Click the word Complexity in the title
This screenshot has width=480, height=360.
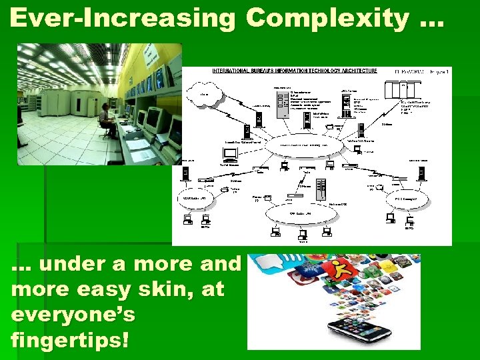[x=326, y=20]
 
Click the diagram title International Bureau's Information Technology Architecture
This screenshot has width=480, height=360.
[x=294, y=71]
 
